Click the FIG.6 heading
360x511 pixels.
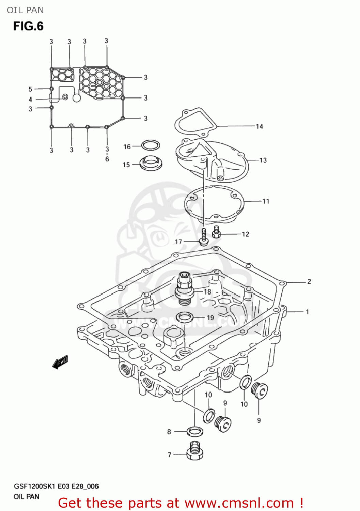point(28,26)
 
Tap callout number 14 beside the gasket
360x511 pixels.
point(260,127)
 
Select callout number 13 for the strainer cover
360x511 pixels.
point(263,160)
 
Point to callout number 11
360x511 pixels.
point(266,201)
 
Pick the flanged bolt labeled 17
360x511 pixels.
point(203,238)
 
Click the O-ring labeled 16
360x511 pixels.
point(151,145)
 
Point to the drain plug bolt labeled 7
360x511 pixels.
point(195,451)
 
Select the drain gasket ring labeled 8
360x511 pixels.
point(195,432)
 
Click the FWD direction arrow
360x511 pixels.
point(60,362)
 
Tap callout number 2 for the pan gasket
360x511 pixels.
point(309,281)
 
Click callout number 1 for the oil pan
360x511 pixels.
point(307,312)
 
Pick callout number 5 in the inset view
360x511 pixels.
point(30,89)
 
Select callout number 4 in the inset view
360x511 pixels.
point(30,99)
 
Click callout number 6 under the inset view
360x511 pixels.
point(107,159)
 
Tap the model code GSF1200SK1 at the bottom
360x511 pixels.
point(34,486)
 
